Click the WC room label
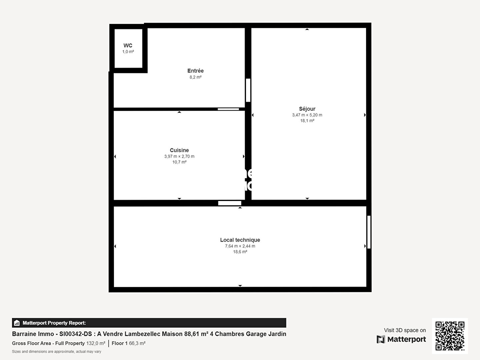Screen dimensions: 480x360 tap(128, 45)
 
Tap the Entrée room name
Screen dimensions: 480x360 tap(195, 71)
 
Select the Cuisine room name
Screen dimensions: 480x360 tap(179, 150)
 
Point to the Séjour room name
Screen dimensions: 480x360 tap(307, 109)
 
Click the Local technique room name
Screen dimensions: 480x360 tap(240, 240)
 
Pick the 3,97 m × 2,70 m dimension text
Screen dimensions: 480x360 tap(179, 156)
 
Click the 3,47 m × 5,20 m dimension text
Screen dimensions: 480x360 tap(307, 115)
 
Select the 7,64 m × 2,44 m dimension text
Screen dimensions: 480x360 tap(240, 246)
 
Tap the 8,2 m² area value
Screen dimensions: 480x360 tap(195, 77)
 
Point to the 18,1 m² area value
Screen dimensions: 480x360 tap(307, 120)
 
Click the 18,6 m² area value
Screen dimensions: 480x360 tap(240, 252)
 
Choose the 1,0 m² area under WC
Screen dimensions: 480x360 tap(128, 52)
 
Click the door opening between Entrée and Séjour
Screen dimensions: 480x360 tap(248, 90)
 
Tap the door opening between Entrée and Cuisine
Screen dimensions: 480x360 tap(228, 109)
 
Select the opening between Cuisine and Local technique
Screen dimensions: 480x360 tap(230, 203)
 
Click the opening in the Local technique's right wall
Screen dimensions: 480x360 tap(369, 232)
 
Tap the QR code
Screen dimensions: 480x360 tap(450, 336)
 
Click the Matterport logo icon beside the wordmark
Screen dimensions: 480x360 tap(381, 339)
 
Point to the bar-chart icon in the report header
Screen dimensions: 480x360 tap(17, 323)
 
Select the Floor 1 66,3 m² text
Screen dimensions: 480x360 tap(129, 343)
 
